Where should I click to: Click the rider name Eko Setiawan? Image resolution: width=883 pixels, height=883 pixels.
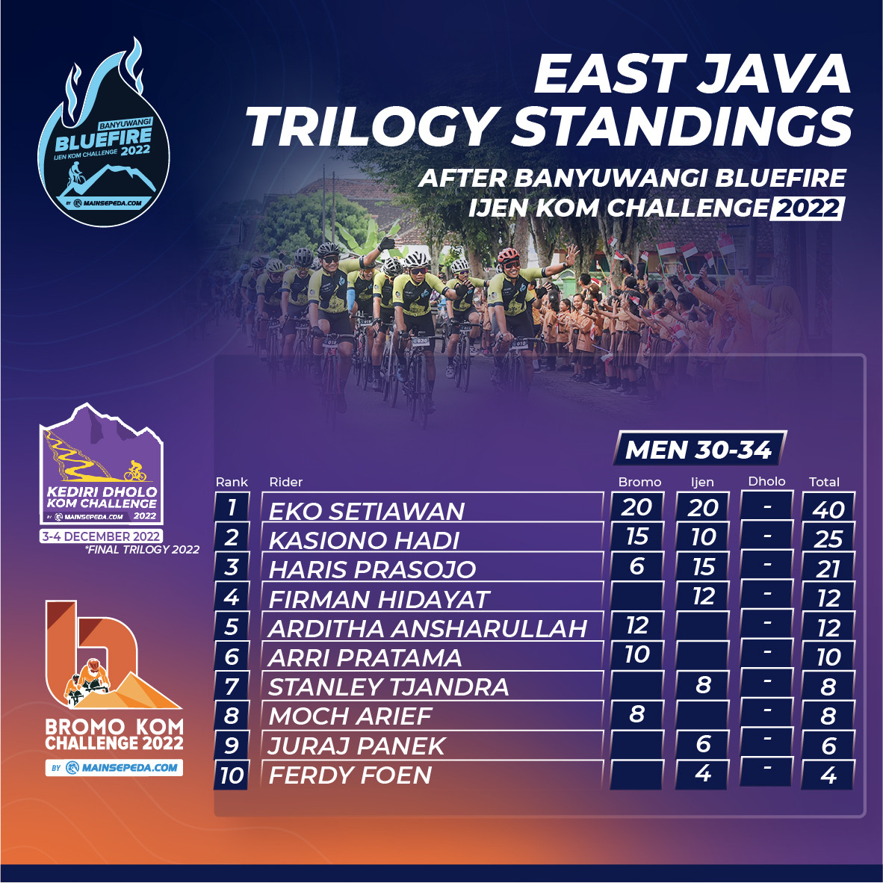click(366, 511)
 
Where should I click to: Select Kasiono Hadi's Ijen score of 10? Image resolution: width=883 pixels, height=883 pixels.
click(703, 536)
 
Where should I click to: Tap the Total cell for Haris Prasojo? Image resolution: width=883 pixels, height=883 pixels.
click(828, 568)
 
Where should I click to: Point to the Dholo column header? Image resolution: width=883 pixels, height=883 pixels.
click(766, 481)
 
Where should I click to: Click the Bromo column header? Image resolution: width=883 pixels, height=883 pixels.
click(639, 482)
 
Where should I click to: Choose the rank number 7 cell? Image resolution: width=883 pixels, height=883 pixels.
click(232, 687)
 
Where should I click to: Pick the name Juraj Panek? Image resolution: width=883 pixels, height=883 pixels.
click(356, 746)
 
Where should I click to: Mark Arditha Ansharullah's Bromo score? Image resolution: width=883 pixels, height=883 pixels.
click(637, 625)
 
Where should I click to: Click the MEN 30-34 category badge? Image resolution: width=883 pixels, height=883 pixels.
click(698, 449)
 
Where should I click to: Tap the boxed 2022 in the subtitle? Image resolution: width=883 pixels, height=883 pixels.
click(807, 208)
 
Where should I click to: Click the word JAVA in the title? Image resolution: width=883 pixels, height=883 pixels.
click(775, 74)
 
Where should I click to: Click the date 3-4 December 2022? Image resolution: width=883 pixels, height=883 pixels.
click(102, 536)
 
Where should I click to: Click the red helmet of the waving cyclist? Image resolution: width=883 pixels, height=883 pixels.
click(508, 255)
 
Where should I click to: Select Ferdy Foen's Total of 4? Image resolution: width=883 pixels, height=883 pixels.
click(828, 775)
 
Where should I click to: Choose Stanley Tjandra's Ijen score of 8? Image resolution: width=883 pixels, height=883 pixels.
click(703, 685)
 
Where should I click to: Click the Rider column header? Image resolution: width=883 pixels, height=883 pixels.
click(285, 482)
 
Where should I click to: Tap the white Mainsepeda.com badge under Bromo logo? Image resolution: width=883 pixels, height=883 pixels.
click(114, 767)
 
